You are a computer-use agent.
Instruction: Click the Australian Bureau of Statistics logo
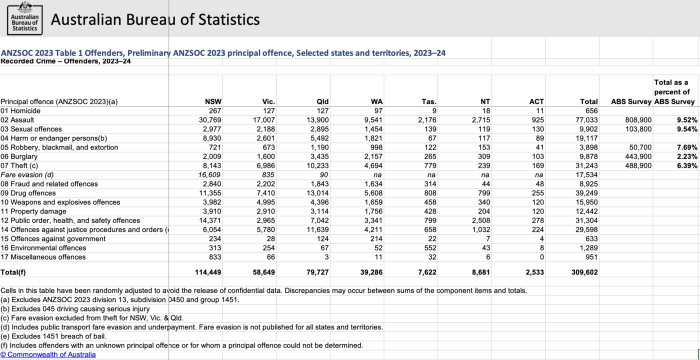[x=24, y=18]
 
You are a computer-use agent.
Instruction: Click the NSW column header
[x=213, y=101]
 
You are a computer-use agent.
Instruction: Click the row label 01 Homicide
[x=20, y=110]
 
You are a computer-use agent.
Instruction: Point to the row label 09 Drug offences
[x=28, y=193]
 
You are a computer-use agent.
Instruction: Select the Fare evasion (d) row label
[x=27, y=174]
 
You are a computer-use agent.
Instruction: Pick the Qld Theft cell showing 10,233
[x=317, y=165]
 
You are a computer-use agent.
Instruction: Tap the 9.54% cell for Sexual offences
[x=686, y=129]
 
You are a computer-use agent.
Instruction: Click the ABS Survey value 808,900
[x=638, y=120]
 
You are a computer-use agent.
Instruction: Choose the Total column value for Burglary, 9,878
[x=587, y=156]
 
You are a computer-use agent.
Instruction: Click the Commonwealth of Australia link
[x=48, y=354]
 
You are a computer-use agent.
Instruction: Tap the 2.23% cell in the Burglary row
[x=686, y=156]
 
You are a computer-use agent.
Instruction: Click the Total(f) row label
[x=13, y=272]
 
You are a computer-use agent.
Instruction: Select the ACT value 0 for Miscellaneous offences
[x=541, y=257]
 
